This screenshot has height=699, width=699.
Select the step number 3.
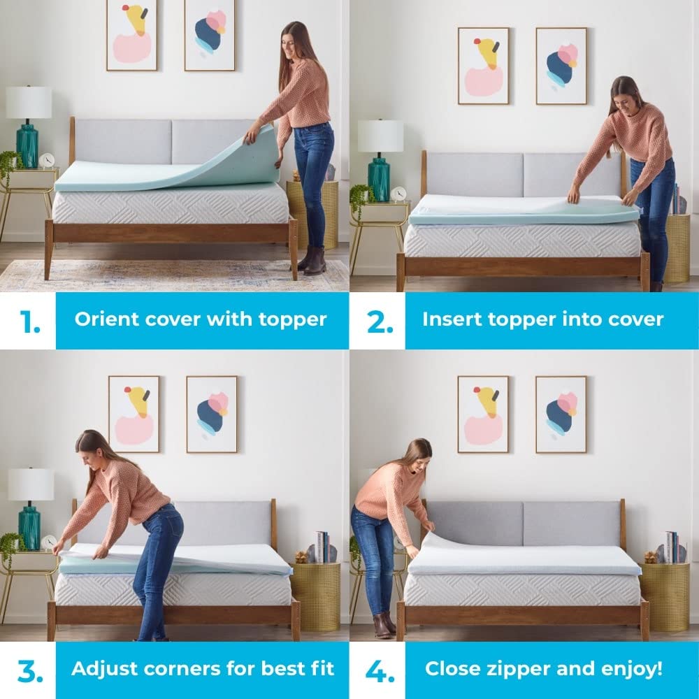tap(29, 670)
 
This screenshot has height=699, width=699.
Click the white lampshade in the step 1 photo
tap(29, 102)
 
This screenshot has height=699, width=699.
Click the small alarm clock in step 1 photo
tap(47, 161)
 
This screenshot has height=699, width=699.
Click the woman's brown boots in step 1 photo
tap(312, 261)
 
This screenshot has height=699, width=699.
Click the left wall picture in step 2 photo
tap(484, 66)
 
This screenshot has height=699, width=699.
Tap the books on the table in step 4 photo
tap(671, 547)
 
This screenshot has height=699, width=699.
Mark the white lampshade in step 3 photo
tap(31, 484)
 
